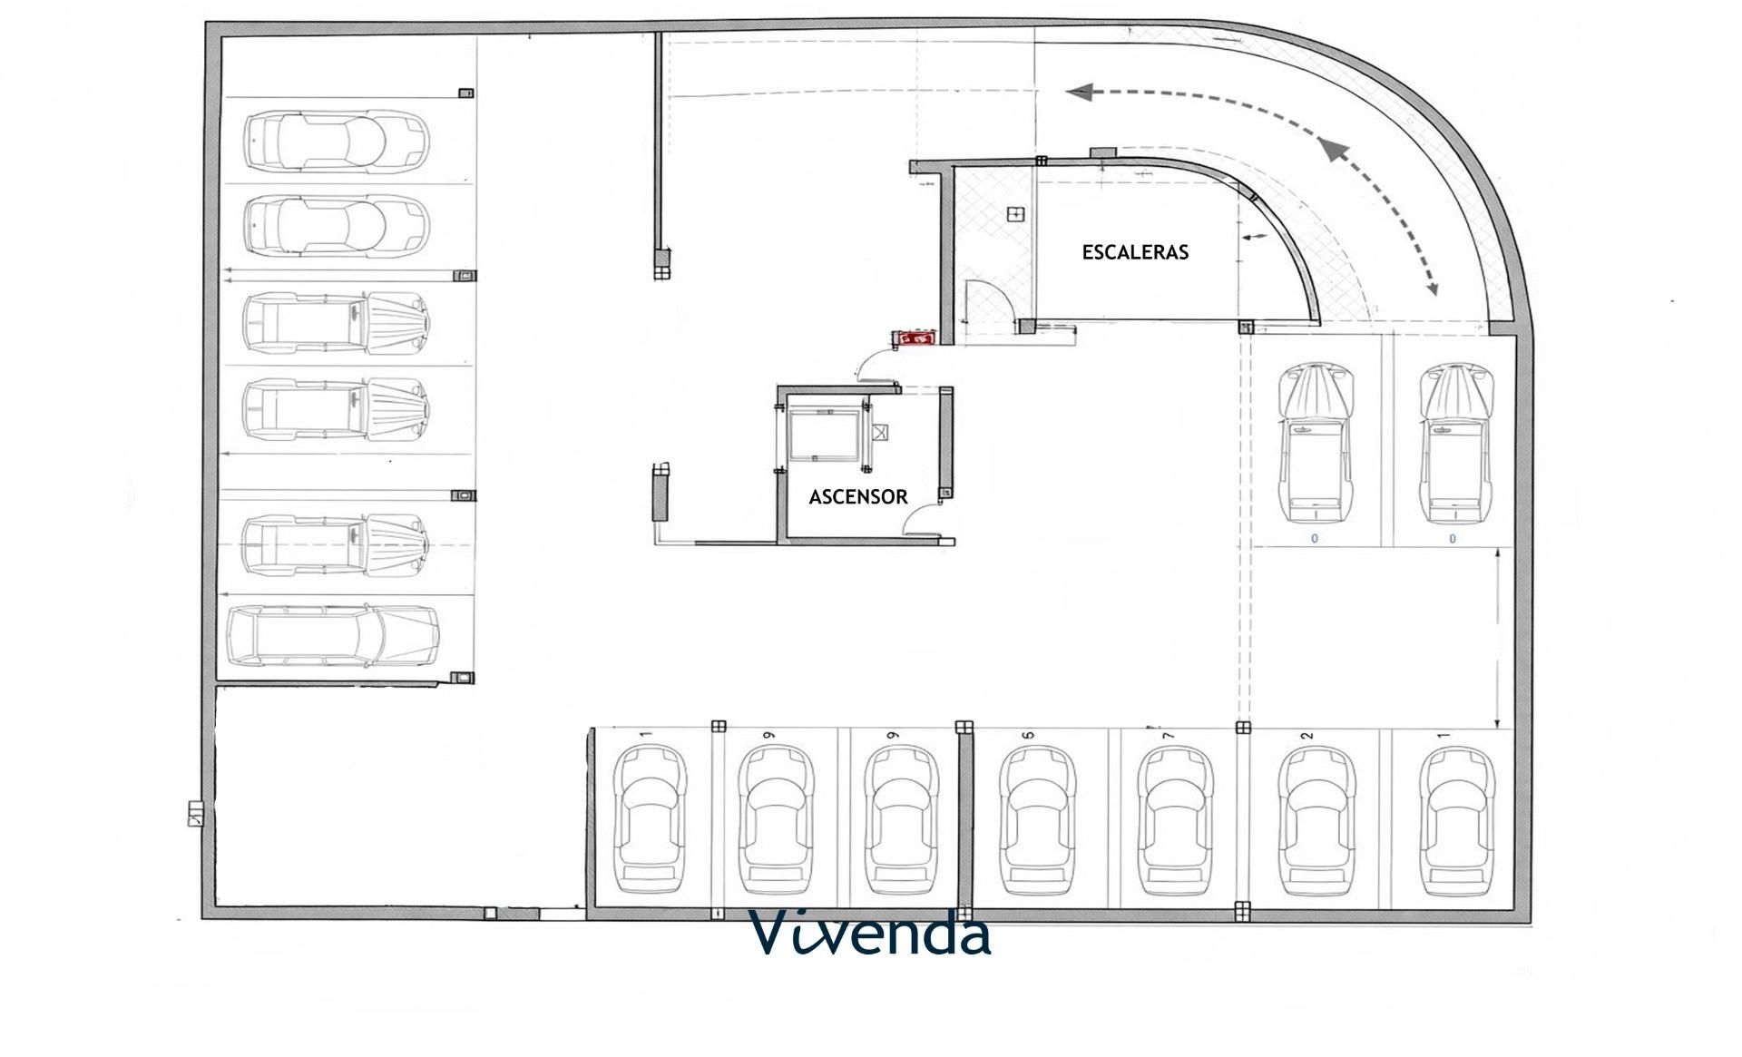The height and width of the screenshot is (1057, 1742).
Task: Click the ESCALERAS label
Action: (x=1135, y=252)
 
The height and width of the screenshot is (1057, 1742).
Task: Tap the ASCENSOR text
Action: (x=857, y=497)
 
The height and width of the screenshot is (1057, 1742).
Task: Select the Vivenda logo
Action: (x=870, y=934)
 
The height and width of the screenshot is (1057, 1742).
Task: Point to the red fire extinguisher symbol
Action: (x=915, y=338)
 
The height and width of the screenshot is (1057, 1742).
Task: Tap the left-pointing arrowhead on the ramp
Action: (x=1079, y=92)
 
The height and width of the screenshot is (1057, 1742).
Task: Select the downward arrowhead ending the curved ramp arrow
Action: (x=1431, y=289)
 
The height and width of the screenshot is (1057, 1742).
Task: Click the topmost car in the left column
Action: (x=337, y=142)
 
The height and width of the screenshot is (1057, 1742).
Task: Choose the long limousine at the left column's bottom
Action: (x=333, y=637)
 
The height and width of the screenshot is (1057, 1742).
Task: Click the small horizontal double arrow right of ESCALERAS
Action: (x=1256, y=237)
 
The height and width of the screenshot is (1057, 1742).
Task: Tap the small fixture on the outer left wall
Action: (x=196, y=814)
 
